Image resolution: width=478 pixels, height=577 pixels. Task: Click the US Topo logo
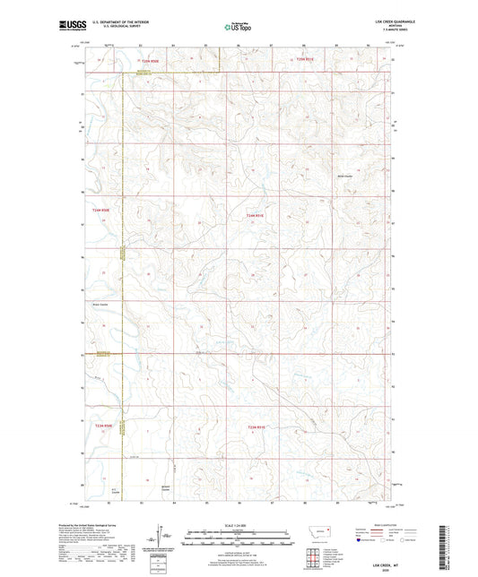(239, 27)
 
